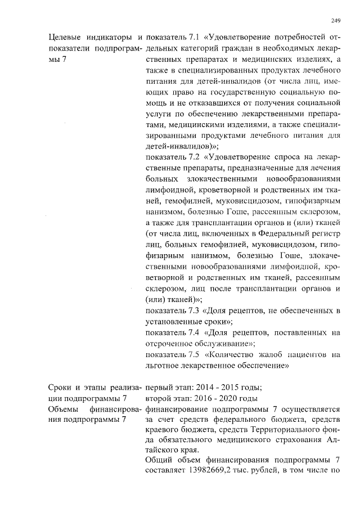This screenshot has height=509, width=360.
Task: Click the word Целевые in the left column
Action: click(x=64, y=38)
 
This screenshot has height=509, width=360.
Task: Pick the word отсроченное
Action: click(x=172, y=343)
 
